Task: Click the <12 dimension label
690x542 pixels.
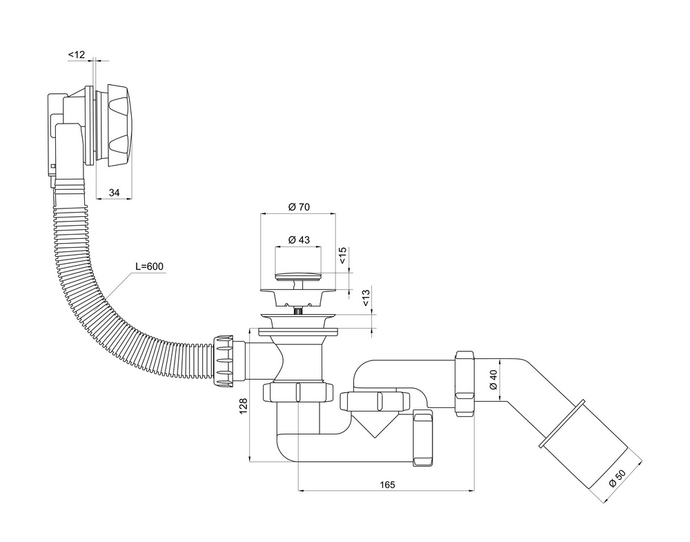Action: (76, 55)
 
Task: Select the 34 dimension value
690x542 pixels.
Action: (114, 193)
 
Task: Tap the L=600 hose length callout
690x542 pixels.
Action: (149, 267)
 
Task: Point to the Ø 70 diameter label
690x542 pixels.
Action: (299, 206)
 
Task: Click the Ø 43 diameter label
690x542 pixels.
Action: (299, 240)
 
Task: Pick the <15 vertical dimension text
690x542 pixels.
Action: (343, 255)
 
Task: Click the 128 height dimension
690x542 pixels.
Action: (243, 406)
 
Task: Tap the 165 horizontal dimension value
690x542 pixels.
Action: (387, 485)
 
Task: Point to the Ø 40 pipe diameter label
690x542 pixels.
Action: (493, 380)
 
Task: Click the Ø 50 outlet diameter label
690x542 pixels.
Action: (618, 478)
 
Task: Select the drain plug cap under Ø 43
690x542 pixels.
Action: (298, 277)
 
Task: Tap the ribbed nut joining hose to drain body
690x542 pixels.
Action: (224, 360)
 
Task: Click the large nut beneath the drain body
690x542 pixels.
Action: (298, 392)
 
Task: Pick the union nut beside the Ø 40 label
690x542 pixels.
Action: (465, 383)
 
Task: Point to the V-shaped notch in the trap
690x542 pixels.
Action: (373, 423)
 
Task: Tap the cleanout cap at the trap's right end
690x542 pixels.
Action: (424, 438)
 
